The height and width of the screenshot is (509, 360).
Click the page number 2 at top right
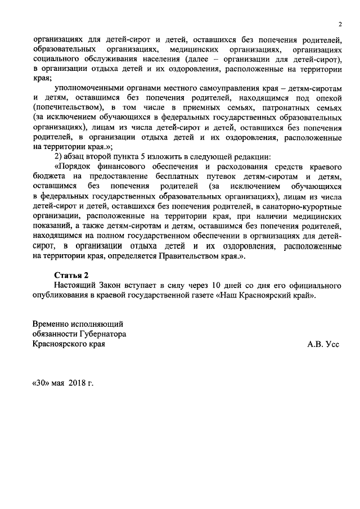click(x=340, y=24)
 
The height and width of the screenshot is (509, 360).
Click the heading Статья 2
click(x=71, y=275)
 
